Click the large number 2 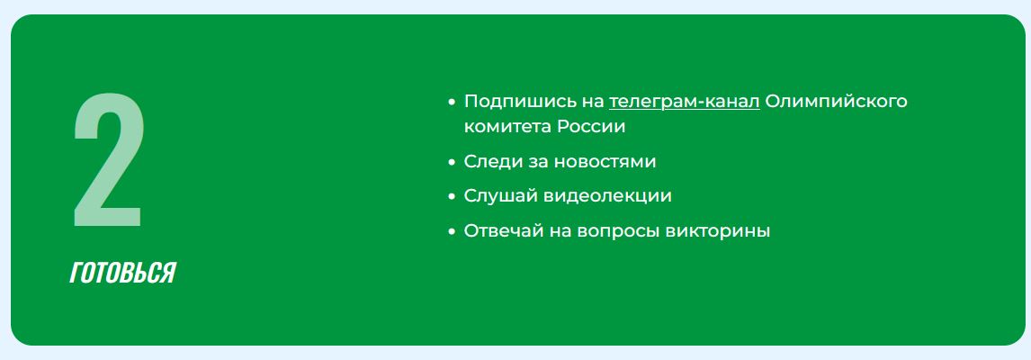click(107, 160)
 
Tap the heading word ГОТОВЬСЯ click(123, 273)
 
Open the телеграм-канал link click(685, 102)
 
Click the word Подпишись click(511, 102)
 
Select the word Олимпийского click(837, 102)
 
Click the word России click(591, 126)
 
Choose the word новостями click(605, 162)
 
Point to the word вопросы click(618, 232)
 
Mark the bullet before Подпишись click(451, 103)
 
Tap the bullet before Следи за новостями click(451, 162)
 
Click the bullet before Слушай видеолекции click(451, 197)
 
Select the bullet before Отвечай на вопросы click(451, 231)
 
